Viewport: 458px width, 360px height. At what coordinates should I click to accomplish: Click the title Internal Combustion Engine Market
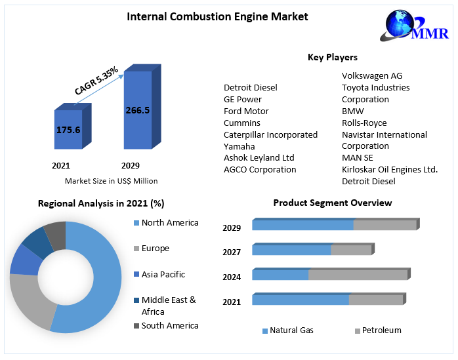pyautogui.click(x=217, y=16)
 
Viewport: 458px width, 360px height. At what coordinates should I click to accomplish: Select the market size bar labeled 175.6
pyautogui.click(x=68, y=130)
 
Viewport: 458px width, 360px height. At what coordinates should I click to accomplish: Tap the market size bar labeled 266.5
pyautogui.click(x=137, y=110)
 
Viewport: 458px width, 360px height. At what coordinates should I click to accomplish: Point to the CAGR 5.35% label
pyautogui.click(x=96, y=81)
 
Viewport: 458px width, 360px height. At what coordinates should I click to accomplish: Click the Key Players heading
pyautogui.click(x=333, y=57)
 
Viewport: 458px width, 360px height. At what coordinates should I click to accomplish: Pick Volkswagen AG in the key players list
pyautogui.click(x=373, y=75)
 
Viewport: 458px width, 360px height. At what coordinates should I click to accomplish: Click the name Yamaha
pyautogui.click(x=239, y=146)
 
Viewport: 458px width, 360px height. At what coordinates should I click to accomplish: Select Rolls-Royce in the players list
pyautogui.click(x=364, y=123)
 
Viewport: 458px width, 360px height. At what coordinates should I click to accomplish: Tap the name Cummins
pyautogui.click(x=242, y=123)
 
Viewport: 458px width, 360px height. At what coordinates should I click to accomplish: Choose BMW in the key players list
pyautogui.click(x=352, y=111)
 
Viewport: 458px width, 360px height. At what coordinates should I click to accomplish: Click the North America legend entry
pyautogui.click(x=169, y=223)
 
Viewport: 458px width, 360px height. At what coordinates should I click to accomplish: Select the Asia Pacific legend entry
pyautogui.click(x=163, y=274)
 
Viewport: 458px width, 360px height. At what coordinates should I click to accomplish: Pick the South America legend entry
pyautogui.click(x=169, y=325)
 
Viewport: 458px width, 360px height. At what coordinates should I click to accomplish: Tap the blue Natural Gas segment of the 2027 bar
pyautogui.click(x=291, y=250)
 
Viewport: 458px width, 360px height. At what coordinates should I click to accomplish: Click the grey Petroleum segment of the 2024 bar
pyautogui.click(x=358, y=275)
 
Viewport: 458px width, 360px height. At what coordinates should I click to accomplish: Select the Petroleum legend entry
pyautogui.click(x=381, y=330)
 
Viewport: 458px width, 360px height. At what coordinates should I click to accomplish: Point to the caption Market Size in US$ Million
pyautogui.click(x=111, y=181)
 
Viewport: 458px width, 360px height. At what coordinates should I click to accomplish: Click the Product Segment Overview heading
pyautogui.click(x=333, y=203)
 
